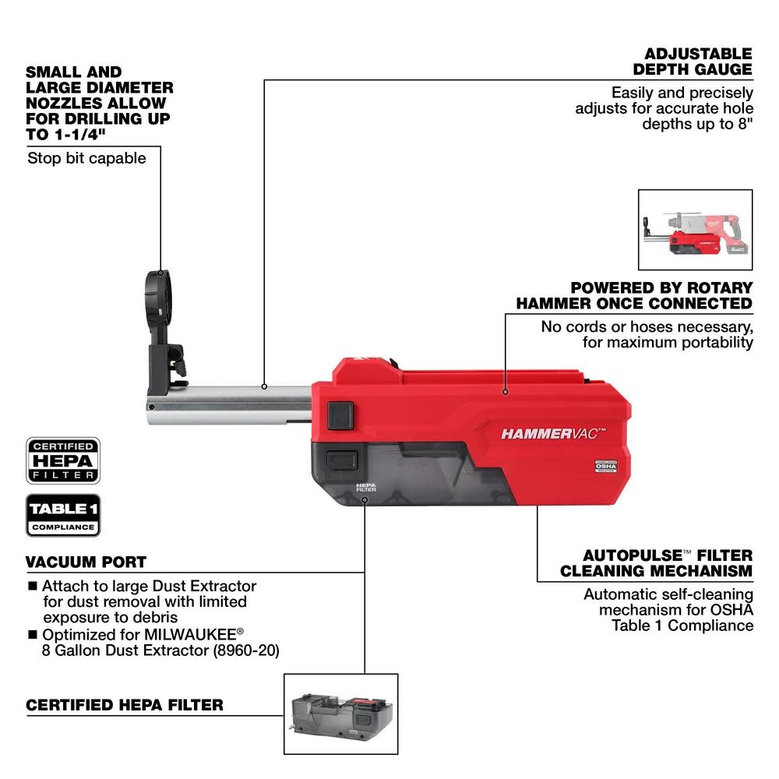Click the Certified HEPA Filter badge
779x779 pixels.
63,460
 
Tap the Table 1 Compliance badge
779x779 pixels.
63,515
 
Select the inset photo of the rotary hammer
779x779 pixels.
695,229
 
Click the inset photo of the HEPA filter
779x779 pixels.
340,715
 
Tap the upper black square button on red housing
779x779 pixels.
340,413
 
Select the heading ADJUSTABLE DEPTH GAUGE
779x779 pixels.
698,62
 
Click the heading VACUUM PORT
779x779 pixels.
86,562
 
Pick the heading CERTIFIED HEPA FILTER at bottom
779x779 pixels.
125,705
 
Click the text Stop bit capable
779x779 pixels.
86,158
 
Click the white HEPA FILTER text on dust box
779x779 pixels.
366,487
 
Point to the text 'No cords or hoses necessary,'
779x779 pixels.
647,326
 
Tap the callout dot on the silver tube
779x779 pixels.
265,386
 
